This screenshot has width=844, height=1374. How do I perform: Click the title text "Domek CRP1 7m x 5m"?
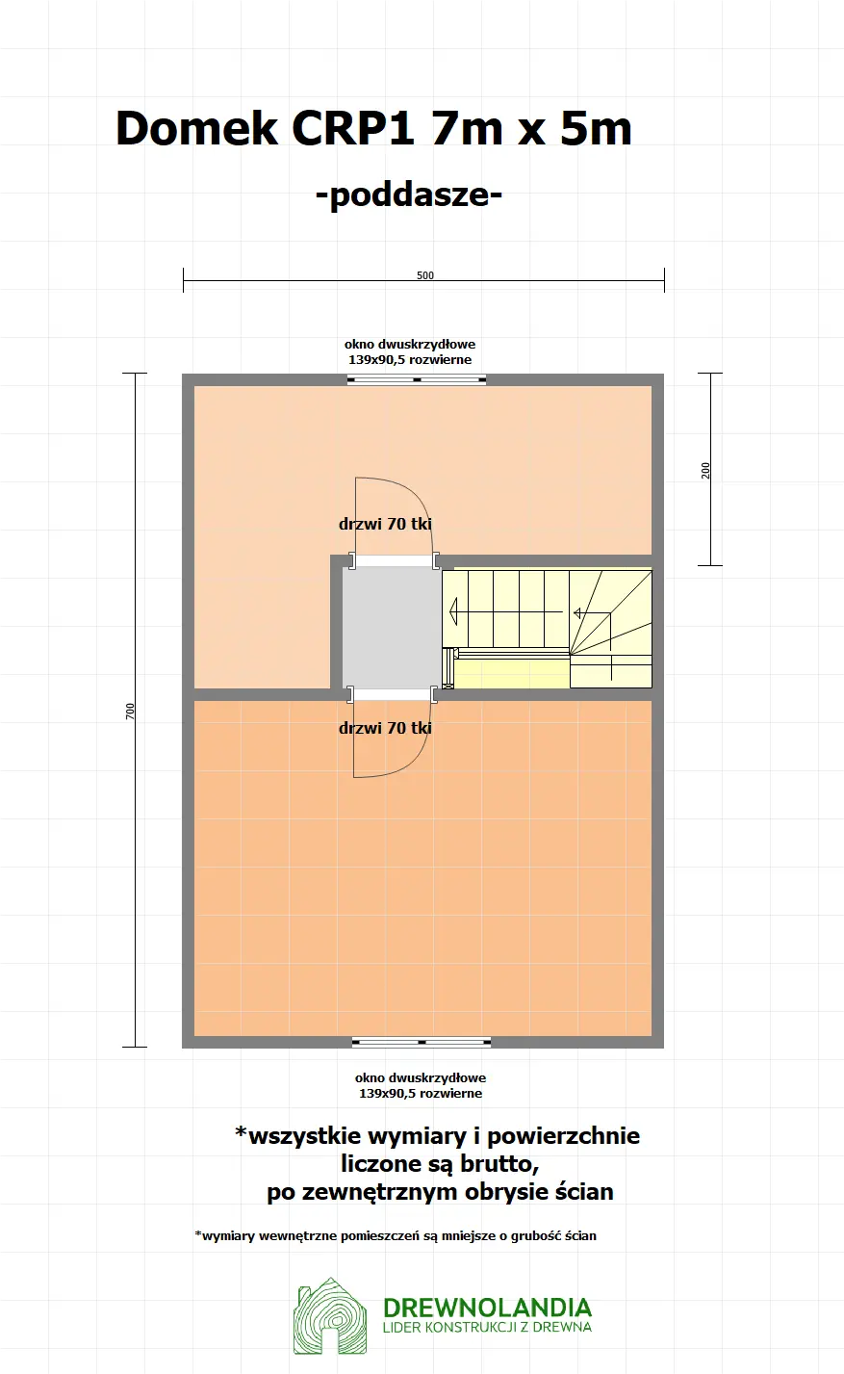pos(373,128)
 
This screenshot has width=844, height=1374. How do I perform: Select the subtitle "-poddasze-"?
pos(409,194)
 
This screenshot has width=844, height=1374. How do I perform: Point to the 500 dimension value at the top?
pos(424,275)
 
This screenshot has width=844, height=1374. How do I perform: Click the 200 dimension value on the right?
pos(706,470)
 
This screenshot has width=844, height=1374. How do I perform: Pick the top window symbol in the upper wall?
pos(417,379)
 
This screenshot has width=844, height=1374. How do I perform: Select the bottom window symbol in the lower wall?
pos(422,1042)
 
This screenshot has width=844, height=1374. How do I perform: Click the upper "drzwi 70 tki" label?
pos(385,525)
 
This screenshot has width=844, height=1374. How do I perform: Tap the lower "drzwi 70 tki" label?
pos(385,728)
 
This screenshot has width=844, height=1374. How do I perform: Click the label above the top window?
pos(410,351)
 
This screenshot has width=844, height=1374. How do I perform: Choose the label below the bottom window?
pos(421,1085)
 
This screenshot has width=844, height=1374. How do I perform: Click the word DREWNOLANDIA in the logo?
pos(487,1307)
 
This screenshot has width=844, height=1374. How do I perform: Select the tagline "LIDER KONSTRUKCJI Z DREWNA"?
pos(487,1328)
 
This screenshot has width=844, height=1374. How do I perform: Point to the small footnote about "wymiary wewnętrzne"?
pos(396,1235)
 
